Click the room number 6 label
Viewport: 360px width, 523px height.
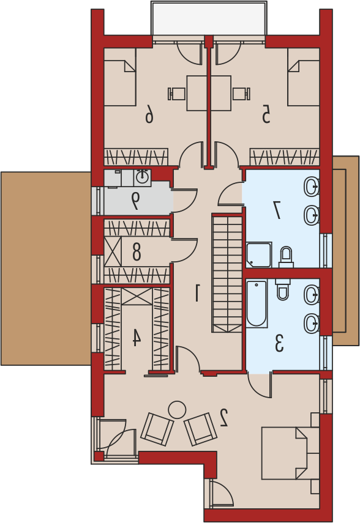point(149,113)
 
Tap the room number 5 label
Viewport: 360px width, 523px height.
point(266,113)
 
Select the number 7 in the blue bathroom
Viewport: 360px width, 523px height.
point(277,209)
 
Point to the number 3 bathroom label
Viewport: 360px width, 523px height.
point(279,344)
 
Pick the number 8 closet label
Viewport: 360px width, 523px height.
point(137,251)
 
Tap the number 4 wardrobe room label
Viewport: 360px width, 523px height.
point(137,337)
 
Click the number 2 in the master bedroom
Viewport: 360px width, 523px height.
point(223,418)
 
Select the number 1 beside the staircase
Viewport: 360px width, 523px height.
point(197,292)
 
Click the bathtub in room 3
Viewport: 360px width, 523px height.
point(257,303)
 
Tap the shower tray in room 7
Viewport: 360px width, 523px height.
point(259,255)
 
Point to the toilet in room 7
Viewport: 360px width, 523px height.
point(286,257)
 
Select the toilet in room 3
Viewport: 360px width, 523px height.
point(283,289)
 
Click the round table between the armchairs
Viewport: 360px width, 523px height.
point(177,410)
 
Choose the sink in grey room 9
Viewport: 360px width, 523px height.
point(142,178)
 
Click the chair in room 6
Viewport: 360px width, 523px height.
point(176,94)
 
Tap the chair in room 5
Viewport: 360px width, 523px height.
point(241,94)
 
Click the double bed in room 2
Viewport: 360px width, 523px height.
point(290,453)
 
